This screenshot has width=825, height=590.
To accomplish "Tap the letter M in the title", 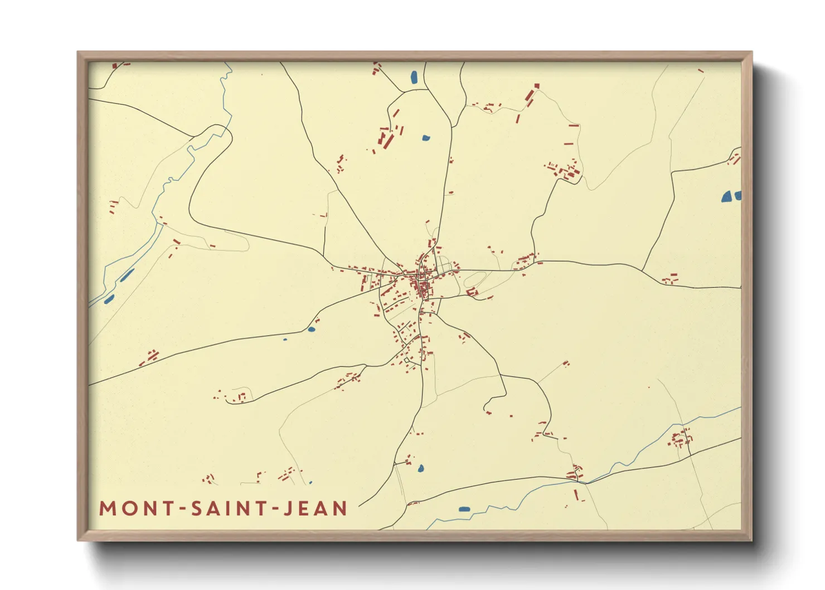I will click(106, 509).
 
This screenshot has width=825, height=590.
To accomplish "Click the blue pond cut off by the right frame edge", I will click(737, 195).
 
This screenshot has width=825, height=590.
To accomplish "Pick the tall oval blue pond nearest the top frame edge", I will click(414, 77).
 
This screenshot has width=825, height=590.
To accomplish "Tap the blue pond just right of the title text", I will click(464, 509).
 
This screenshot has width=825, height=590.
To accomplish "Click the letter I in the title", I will click(230, 509).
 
